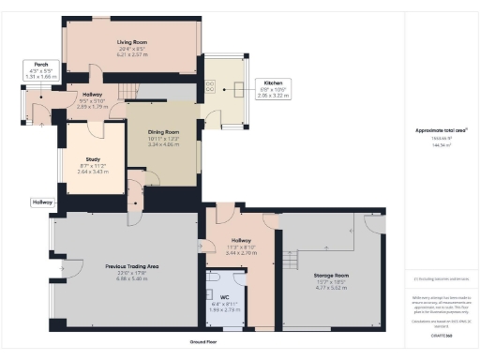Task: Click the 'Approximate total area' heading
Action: (x=441, y=130)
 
